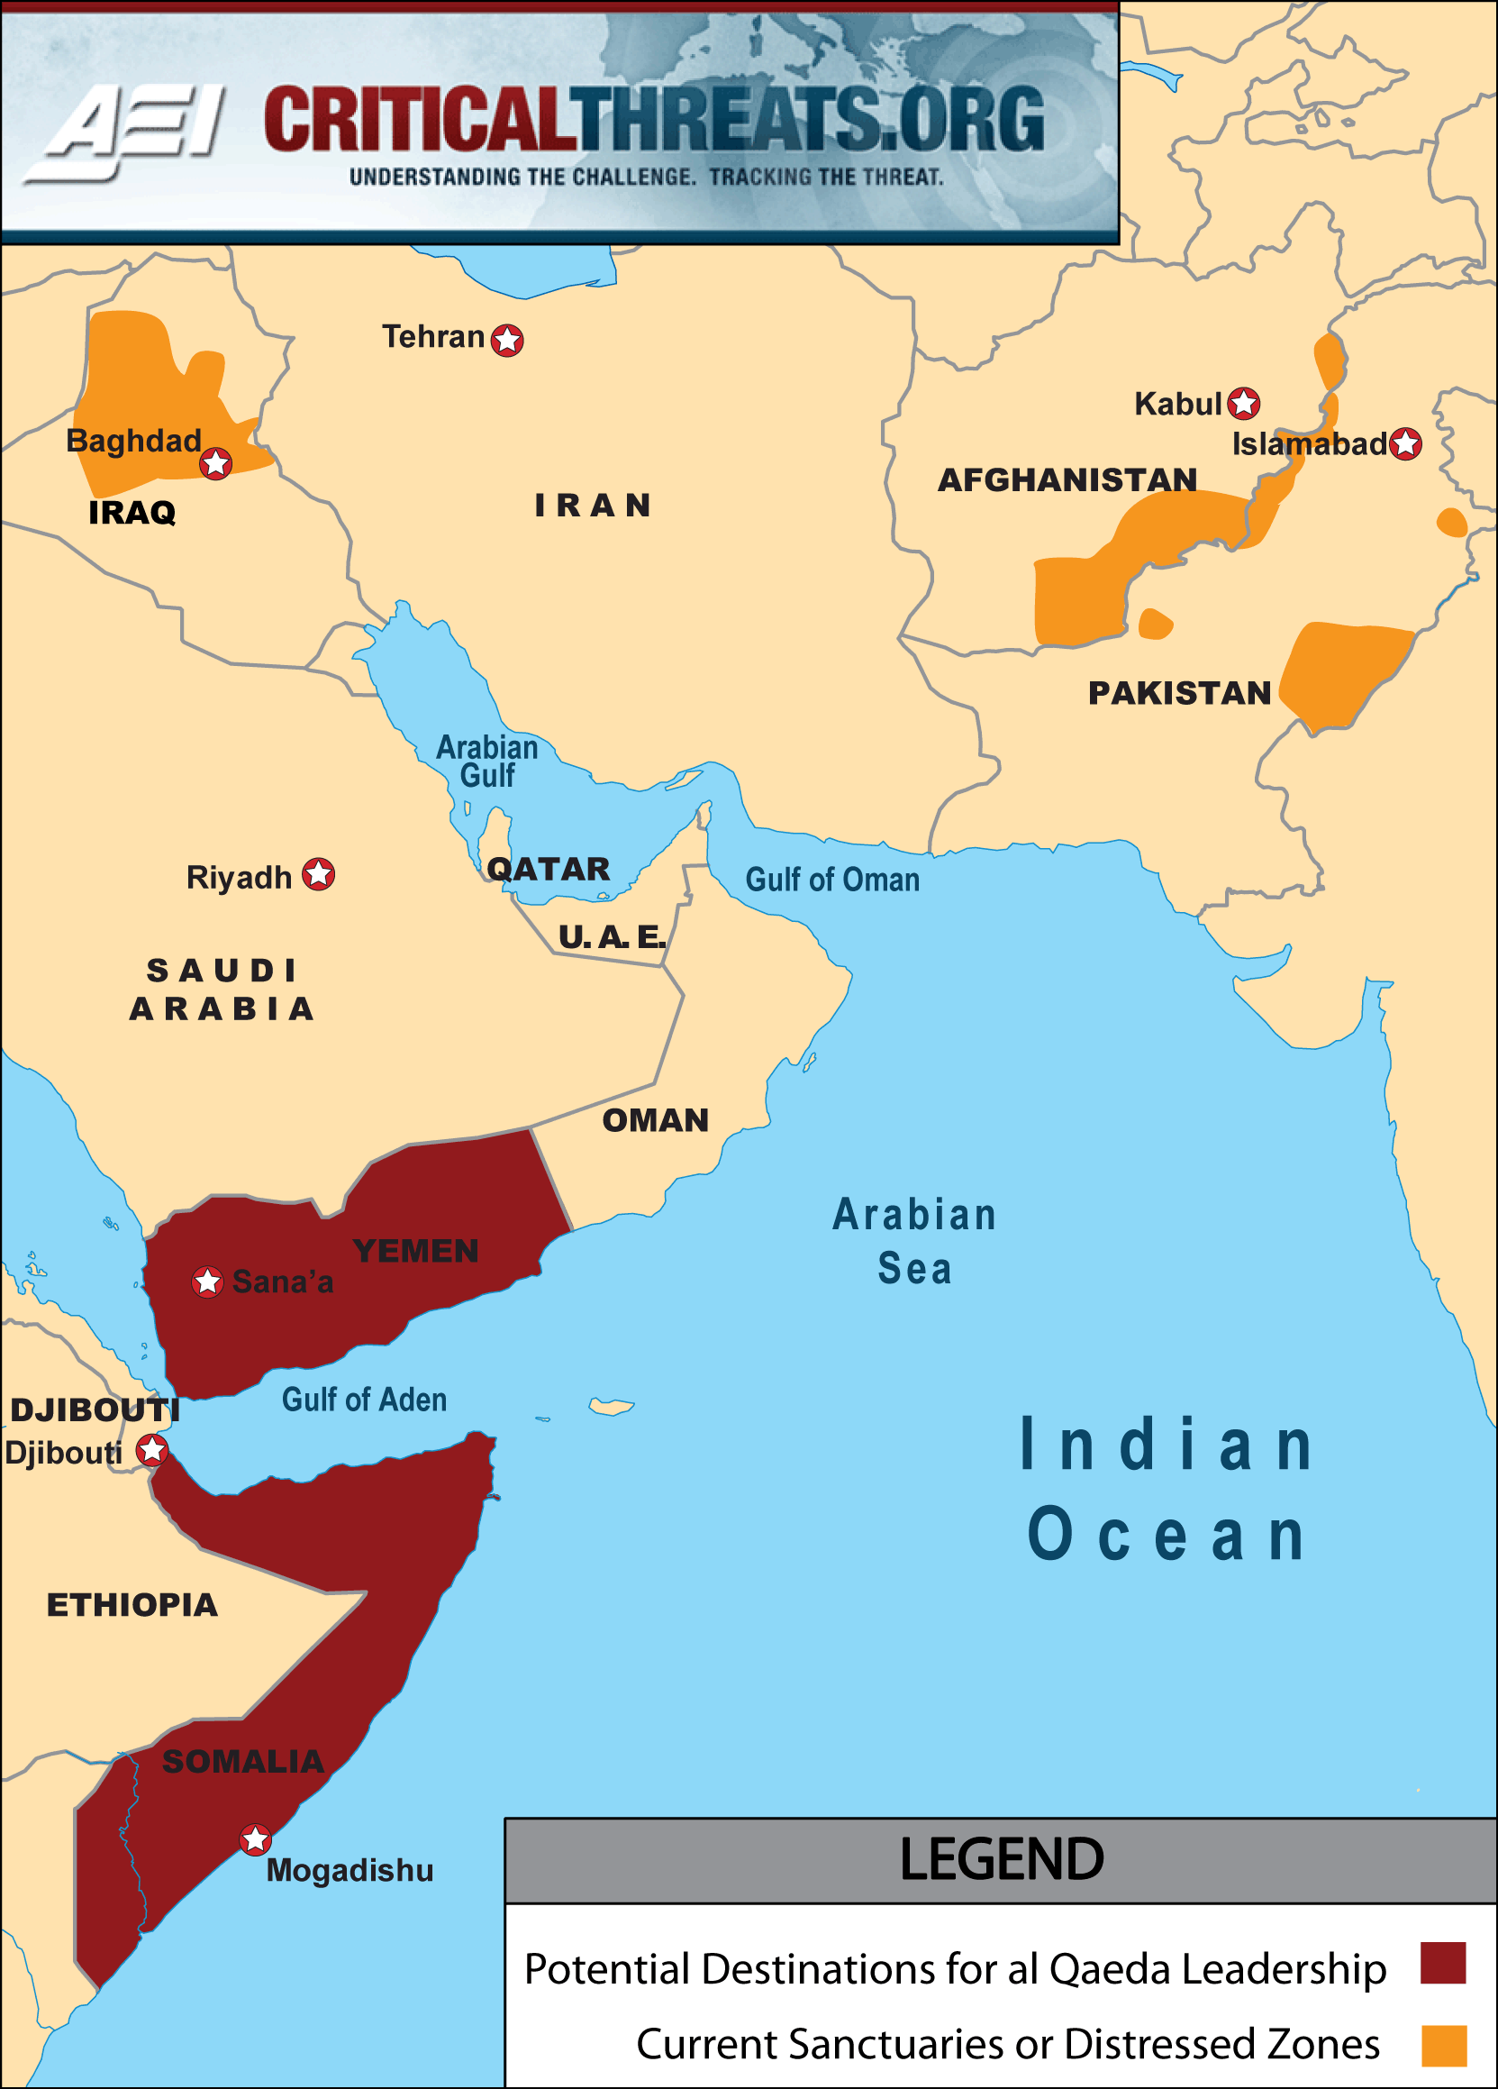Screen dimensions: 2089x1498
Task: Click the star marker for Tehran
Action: click(x=507, y=340)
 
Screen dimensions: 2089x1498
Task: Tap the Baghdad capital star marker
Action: click(x=216, y=463)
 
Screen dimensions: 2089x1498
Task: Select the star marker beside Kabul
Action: click(x=1244, y=403)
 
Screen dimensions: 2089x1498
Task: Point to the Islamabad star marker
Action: click(x=1405, y=444)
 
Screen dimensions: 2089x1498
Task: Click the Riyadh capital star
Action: click(x=319, y=874)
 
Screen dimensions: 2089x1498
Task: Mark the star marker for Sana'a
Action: click(x=207, y=1282)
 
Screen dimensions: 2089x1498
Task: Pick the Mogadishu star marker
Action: click(x=255, y=1839)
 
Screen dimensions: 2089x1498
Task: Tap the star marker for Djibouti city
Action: click(x=152, y=1450)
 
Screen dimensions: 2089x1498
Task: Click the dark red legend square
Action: click(x=1443, y=1963)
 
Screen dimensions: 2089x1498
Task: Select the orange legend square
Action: click(x=1444, y=2046)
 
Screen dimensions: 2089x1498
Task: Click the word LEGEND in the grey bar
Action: click(x=1001, y=1860)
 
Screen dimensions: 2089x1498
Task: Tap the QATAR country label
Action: click(x=549, y=869)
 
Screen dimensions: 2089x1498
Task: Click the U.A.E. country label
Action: click(x=612, y=936)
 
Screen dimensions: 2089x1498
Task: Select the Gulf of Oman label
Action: click(x=832, y=880)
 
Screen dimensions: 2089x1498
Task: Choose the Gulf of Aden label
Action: click(x=364, y=1400)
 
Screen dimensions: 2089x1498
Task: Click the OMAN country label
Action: click(x=656, y=1120)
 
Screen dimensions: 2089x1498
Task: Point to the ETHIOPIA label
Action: click(x=132, y=1605)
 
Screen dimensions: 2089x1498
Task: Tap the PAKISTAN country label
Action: click(x=1179, y=693)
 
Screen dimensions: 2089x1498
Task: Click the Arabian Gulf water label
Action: click(x=487, y=761)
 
